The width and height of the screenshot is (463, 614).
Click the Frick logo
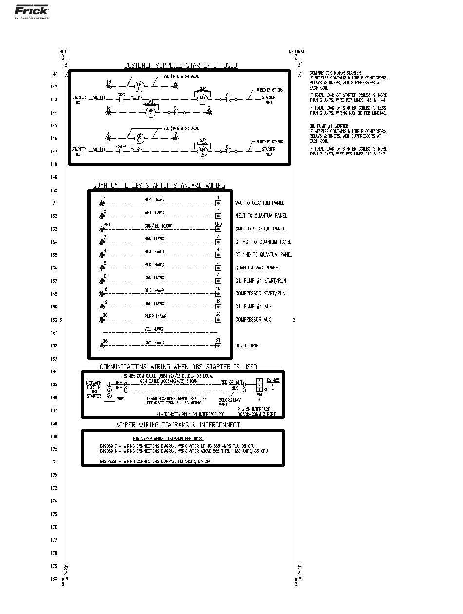click(x=31, y=10)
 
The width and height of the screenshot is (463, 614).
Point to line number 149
click(x=54, y=177)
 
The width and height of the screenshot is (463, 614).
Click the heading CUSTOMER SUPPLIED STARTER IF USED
click(x=181, y=65)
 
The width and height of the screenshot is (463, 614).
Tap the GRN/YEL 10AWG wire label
click(x=158, y=226)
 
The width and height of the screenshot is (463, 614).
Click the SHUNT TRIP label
click(x=247, y=345)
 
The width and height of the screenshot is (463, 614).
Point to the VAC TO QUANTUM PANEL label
click(x=259, y=203)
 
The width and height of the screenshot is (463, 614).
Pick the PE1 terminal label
click(x=107, y=225)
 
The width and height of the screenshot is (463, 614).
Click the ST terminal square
click(x=218, y=345)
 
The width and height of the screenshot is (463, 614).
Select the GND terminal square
click(x=218, y=229)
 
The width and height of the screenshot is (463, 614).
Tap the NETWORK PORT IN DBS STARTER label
click(x=94, y=389)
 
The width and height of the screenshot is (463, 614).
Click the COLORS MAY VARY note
click(x=229, y=402)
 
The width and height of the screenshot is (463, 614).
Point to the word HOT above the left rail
click(x=63, y=51)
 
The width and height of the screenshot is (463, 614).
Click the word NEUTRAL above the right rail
click(x=297, y=51)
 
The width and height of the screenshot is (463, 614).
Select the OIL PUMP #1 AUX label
click(x=253, y=307)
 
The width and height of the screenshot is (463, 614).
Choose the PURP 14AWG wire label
click(x=155, y=316)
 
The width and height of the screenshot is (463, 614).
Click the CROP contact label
click(x=121, y=146)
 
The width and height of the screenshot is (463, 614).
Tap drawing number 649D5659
click(x=109, y=461)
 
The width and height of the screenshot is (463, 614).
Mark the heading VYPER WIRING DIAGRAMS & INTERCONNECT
click(x=178, y=425)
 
